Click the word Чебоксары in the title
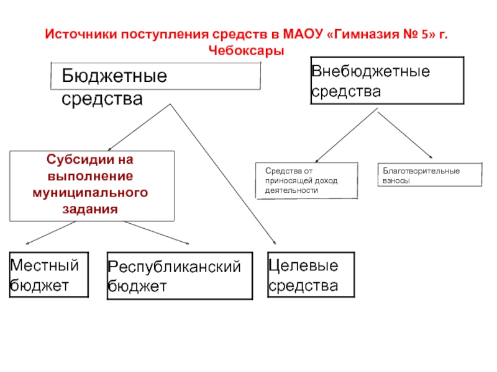[246, 51]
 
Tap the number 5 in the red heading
[425, 34]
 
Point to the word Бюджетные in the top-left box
[114, 76]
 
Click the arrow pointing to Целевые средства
[223, 174]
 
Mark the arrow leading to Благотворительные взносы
[405, 135]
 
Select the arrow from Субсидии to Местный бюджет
[51, 232]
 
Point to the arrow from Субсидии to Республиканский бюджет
[157, 232]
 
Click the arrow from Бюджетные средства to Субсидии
[139, 127]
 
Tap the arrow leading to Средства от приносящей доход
[346, 135]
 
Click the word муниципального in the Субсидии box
[90, 193]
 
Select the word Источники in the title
[81, 34]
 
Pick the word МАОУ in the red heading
[303, 34]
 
